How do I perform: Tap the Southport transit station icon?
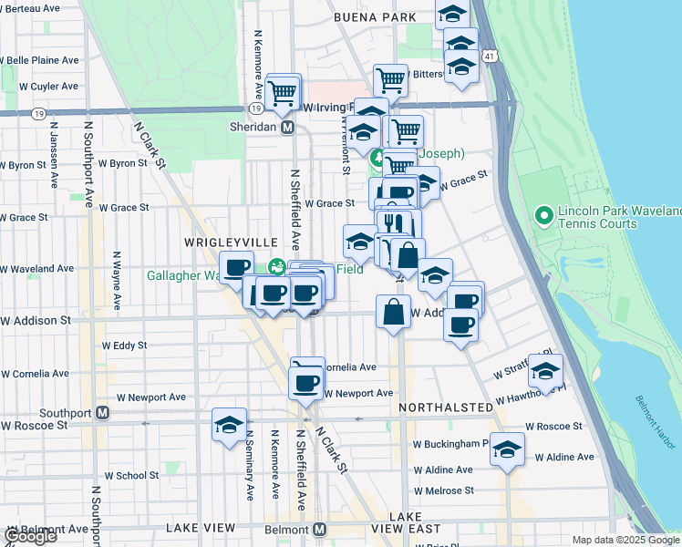click(x=103, y=412)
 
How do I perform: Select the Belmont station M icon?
click(x=319, y=529)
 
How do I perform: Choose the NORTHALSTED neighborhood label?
click(x=445, y=406)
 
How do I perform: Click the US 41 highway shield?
click(x=491, y=57)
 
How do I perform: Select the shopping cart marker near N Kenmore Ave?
click(x=284, y=91)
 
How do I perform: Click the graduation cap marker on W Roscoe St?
click(x=230, y=425)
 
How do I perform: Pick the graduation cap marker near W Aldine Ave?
click(x=507, y=449)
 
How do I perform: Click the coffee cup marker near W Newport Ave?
click(x=306, y=382)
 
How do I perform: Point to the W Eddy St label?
click(x=125, y=346)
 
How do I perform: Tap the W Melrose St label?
click(x=443, y=490)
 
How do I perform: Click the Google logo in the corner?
click(x=29, y=536)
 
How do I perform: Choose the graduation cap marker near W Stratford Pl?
click(x=545, y=371)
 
